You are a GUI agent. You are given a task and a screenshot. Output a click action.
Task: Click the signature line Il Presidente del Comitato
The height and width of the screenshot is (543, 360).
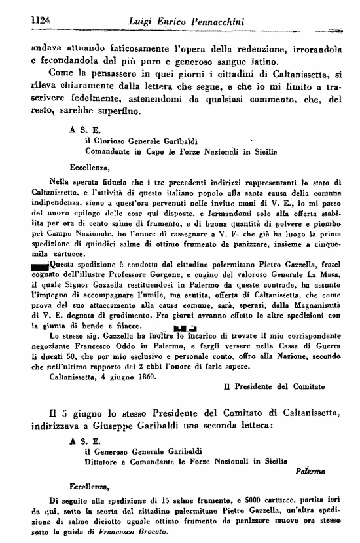(274, 386)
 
